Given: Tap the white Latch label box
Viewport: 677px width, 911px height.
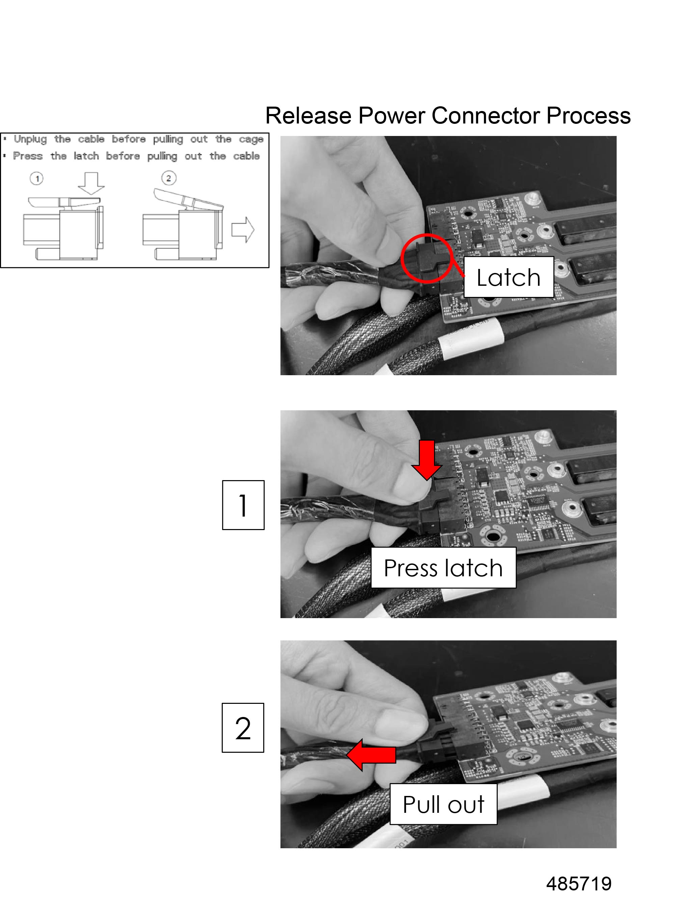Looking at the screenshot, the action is pos(509,277).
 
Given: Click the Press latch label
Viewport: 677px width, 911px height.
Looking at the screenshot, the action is pos(443,568).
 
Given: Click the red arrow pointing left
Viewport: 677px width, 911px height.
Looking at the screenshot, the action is pos(371,755).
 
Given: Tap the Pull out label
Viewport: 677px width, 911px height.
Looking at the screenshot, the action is pos(443,804).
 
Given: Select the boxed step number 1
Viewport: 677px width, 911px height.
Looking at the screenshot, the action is pos(243,505).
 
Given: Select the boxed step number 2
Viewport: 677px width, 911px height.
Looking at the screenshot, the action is pos(243,728).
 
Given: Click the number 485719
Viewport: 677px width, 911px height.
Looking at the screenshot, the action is pos(579,884).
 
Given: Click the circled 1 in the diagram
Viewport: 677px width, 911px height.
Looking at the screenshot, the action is pos(37,178).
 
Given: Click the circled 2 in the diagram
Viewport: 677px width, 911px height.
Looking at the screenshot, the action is pos(168,178).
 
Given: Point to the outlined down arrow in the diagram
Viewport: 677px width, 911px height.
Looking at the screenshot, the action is pos(91,184).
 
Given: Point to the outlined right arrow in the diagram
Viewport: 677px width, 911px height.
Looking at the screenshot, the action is pos(243,230).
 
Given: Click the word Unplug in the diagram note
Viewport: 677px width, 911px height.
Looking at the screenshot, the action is pos(30,139).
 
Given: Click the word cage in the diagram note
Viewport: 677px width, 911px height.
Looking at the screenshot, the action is pos(251,139).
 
